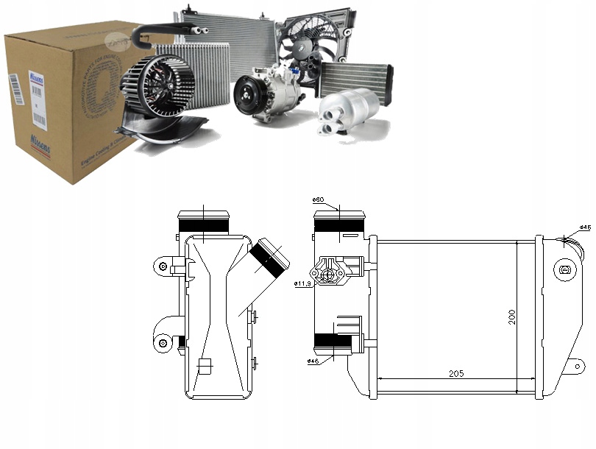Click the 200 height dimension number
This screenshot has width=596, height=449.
[x=511, y=316]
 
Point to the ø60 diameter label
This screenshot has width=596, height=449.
[x=319, y=199]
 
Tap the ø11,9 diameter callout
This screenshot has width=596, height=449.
[x=302, y=283]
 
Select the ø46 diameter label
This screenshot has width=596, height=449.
[x=313, y=361]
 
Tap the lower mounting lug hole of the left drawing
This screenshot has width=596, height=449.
[x=161, y=341]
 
